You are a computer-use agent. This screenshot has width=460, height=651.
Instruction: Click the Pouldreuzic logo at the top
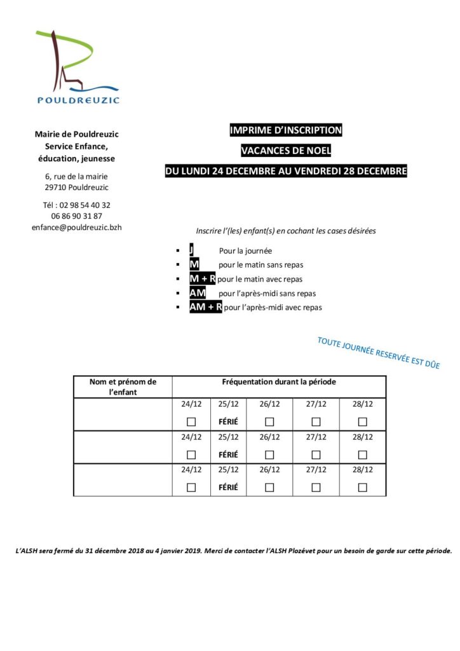pyautogui.click(x=77, y=67)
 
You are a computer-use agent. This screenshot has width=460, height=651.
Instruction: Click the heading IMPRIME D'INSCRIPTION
pyautogui.click(x=285, y=130)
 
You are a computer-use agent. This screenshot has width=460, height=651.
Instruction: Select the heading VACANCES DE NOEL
pyautogui.click(x=285, y=151)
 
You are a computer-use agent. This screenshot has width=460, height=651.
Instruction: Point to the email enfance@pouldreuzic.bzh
pyautogui.click(x=76, y=226)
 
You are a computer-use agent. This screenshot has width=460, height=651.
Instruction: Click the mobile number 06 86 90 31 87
pyautogui.click(x=76, y=216)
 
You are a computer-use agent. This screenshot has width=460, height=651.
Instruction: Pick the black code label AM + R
pyautogui.click(x=205, y=307)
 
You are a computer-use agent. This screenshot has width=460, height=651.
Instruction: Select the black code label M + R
pyautogui.click(x=202, y=279)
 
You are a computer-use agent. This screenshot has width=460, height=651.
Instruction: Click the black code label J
pyautogui.click(x=191, y=250)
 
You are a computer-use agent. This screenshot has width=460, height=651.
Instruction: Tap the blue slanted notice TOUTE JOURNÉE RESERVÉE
pyautogui.click(x=378, y=353)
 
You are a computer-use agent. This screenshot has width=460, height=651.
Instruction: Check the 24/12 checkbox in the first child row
pyautogui.click(x=191, y=421)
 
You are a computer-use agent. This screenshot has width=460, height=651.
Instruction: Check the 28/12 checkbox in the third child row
pyautogui.click(x=362, y=488)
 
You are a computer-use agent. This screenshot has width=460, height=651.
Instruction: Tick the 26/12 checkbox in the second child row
pyautogui.click(x=269, y=455)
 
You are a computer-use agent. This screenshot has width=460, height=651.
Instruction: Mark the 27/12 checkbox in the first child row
pyautogui.click(x=316, y=421)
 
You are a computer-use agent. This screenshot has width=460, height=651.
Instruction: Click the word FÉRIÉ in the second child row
pyautogui.click(x=228, y=455)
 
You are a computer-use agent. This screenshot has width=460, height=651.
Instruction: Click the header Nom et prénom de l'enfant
pyautogui.click(x=123, y=387)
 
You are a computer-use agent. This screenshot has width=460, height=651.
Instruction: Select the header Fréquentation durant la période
pyautogui.click(x=279, y=382)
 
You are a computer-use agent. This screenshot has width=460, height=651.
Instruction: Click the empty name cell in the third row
pyautogui.click(x=123, y=480)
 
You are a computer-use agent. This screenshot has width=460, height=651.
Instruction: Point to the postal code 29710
pyautogui.click(x=57, y=188)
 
